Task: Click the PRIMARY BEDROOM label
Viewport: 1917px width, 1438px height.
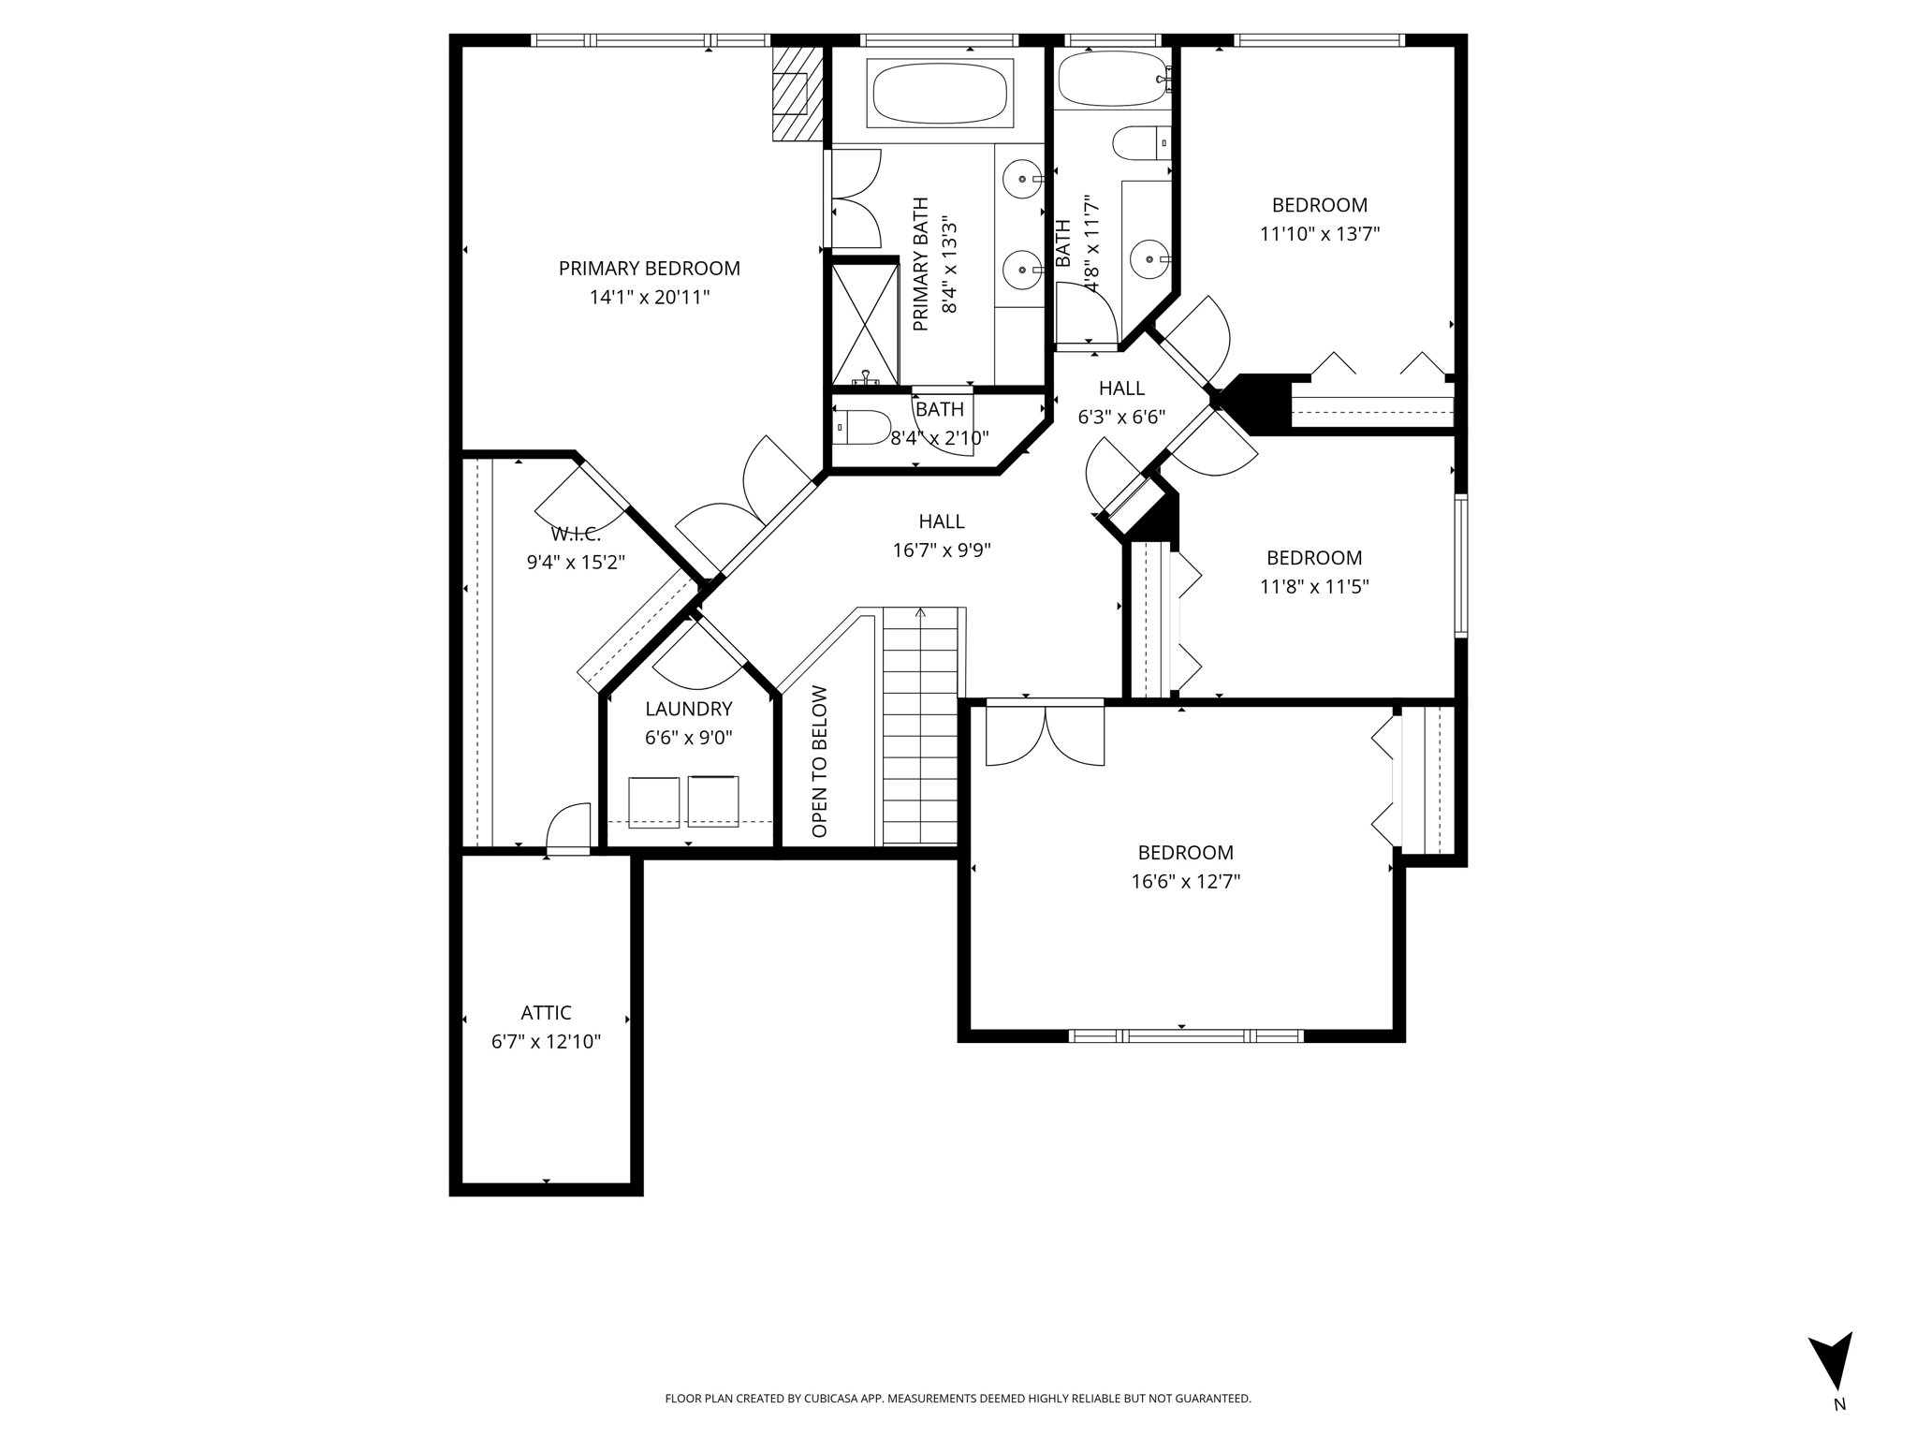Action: [x=649, y=269]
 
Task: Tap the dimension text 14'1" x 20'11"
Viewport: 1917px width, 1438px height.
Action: [x=649, y=298]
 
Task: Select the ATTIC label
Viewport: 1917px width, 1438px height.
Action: [x=546, y=1013]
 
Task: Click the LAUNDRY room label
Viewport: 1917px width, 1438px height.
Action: [x=688, y=709]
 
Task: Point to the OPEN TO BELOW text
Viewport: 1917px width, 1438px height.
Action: [x=820, y=761]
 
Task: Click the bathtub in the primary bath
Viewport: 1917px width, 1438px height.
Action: [x=939, y=93]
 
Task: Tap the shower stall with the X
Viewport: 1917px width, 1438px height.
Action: [x=864, y=324]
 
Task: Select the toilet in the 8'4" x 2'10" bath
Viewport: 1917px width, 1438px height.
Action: [x=861, y=428]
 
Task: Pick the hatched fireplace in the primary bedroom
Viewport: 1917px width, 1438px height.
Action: [x=798, y=94]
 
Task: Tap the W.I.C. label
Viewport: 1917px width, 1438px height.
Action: [x=575, y=535]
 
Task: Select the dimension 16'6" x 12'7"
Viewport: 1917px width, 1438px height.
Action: [x=1185, y=882]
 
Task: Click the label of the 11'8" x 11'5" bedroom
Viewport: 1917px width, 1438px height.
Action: [x=1313, y=558]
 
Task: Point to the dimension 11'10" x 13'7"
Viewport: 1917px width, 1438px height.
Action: [x=1319, y=234]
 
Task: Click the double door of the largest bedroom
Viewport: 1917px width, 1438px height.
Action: [x=1046, y=736]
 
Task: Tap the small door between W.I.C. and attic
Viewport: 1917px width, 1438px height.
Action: [x=569, y=829]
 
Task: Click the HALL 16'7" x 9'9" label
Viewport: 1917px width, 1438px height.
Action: [x=941, y=521]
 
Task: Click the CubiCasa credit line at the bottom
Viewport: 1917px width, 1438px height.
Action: [x=958, y=1399]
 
